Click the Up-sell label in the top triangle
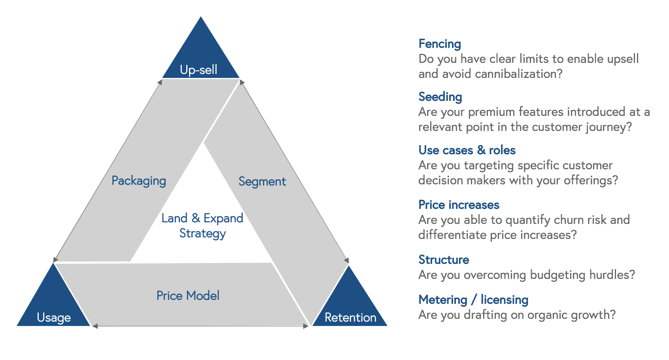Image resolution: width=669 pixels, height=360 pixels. pos(198,70)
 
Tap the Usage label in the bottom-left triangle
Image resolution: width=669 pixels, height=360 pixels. pos(54,317)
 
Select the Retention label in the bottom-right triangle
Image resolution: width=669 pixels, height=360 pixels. pos(350,317)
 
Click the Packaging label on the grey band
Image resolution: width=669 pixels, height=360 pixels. pos(139,181)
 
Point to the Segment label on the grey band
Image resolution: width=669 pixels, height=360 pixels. pos(262,182)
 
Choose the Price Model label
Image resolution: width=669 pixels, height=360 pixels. pos(188,296)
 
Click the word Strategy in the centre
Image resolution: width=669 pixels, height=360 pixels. pos(202,233)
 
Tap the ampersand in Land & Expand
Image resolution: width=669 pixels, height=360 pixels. pos(196,218)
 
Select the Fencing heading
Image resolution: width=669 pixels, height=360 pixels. pos(440,44)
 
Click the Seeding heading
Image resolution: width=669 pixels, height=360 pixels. pos(440,97)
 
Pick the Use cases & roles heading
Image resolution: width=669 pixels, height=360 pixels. pos(467,150)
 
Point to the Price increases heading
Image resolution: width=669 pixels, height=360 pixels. pos(459,205)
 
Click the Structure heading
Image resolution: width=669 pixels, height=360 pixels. pos(444,260)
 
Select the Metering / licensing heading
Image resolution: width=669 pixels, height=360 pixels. pos(473,300)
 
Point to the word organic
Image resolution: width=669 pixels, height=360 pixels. pos(547,315)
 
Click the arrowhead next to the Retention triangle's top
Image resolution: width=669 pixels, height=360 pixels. pos(347,260)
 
